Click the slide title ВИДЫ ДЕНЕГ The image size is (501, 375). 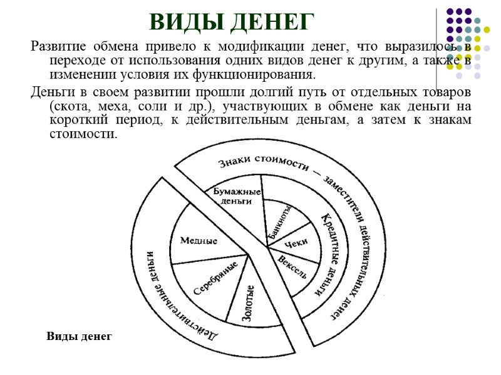pos(231,22)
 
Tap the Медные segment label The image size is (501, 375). pos(199,241)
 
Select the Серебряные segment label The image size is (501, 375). pos(214,278)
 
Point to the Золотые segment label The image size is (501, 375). pos(249,303)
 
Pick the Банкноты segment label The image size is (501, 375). pos(279,222)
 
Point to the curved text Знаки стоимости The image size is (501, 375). pos(263,164)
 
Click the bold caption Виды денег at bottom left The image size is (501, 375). pos(79,336)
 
